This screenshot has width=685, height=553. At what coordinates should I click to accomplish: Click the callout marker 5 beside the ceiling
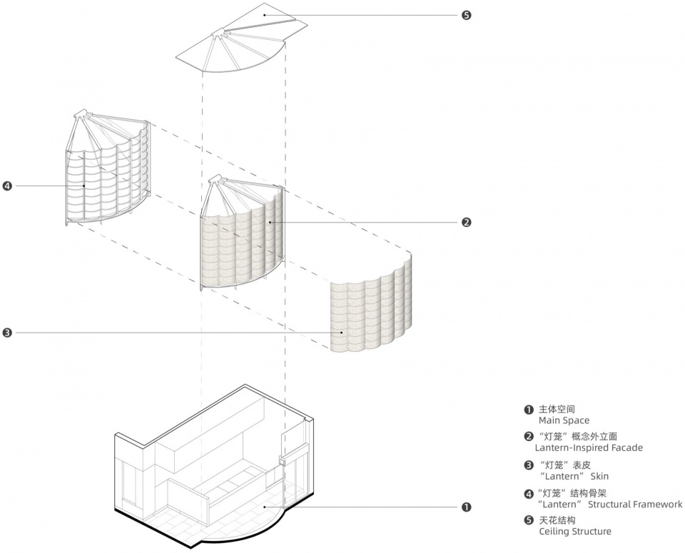point(466,14)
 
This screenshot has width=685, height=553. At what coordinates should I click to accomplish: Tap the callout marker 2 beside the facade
point(466,222)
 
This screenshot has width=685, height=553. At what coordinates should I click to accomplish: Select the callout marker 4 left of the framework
point(7,186)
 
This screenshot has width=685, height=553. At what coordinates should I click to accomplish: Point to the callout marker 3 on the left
point(7,333)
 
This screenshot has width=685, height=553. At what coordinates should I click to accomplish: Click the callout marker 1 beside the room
point(466,507)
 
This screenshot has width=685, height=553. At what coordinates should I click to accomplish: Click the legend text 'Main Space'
point(564,421)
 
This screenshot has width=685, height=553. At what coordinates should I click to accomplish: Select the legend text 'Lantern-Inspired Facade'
point(589,448)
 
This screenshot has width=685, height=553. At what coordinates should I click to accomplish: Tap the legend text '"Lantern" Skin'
point(574,476)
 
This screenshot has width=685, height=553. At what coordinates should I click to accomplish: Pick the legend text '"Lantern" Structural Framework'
point(610,504)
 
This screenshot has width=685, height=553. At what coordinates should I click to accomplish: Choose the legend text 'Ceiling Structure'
point(575,532)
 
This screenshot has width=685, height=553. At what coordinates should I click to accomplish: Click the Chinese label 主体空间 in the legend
point(557,410)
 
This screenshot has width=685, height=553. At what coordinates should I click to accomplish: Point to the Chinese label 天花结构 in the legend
point(557,520)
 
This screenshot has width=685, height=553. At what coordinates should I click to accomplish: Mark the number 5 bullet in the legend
point(529,520)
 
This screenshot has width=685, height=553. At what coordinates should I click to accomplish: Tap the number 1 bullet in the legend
point(529,410)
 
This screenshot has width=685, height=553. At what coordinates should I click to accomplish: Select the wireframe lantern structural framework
point(107,171)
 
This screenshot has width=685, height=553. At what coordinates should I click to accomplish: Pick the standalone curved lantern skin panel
point(371,310)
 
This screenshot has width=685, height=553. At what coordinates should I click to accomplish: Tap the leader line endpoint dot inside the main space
point(264,507)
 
